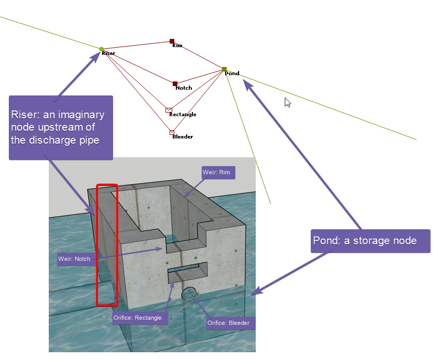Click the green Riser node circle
pos(102,49)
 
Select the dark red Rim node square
pos(172,41)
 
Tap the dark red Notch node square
pos(175,84)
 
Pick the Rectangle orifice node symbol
pos(169,110)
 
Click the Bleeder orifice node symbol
pos(172,132)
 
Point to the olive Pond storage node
pos(224,69)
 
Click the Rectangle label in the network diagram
pos(183,115)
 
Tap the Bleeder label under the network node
pos(183,137)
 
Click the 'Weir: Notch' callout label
pos(74,259)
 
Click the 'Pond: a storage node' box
pos(370,241)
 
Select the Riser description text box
pos(61,128)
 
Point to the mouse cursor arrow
pos(287,103)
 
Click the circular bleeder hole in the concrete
pos(189,294)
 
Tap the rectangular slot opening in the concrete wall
pos(188,272)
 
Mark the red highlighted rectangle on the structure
pos(107,245)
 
